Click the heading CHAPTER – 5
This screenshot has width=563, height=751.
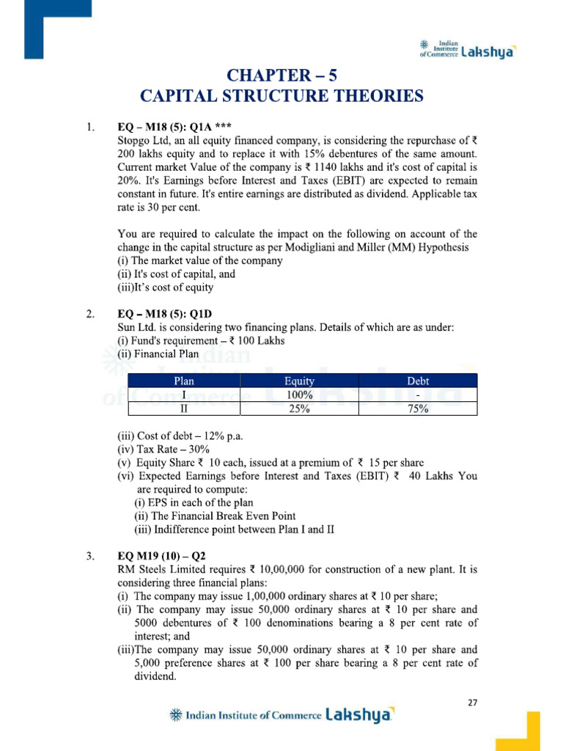[282, 76]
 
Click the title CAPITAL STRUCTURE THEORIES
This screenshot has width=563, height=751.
[282, 96]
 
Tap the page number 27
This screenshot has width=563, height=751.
[473, 703]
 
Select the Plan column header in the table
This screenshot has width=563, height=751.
[183, 381]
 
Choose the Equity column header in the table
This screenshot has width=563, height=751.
[299, 381]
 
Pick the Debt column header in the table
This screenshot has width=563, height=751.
[417, 381]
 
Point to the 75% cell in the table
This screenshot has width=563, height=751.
[417, 409]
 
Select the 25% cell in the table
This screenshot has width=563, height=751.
[299, 409]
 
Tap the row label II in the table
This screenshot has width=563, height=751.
[183, 409]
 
